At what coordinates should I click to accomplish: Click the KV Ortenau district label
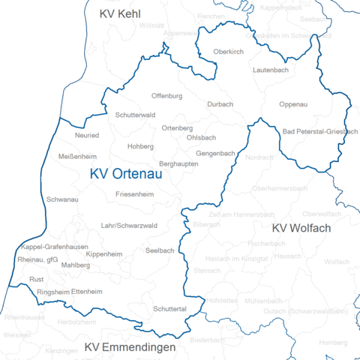(x=126, y=174)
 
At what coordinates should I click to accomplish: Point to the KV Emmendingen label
(x=130, y=348)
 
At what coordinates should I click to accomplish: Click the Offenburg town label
(x=166, y=97)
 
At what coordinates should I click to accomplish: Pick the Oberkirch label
(x=227, y=52)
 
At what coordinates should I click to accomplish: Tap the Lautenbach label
(x=271, y=69)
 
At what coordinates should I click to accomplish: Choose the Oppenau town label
(x=292, y=104)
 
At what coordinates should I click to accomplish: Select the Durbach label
(x=220, y=104)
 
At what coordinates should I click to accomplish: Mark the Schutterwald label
(x=136, y=115)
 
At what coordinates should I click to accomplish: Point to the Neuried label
(x=87, y=136)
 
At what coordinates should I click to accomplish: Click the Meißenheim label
(x=77, y=157)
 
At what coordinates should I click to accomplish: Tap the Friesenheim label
(x=135, y=194)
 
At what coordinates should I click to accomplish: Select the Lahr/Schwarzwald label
(x=129, y=226)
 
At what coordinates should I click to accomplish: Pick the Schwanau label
(x=62, y=200)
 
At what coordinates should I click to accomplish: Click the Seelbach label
(x=160, y=250)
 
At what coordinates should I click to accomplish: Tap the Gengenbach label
(x=216, y=153)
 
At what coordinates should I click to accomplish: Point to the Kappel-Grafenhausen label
(x=55, y=247)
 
